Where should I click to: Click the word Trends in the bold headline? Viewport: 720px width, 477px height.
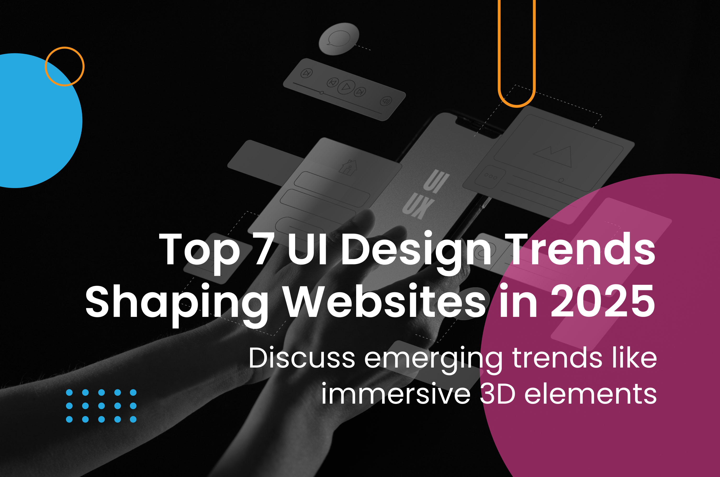pyautogui.click(x=582, y=249)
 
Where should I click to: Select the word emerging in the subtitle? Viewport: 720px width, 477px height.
pyautogui.click(x=433, y=360)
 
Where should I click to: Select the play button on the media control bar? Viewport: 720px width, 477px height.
pyautogui.click(x=346, y=87)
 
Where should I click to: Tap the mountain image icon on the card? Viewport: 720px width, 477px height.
pyautogui.click(x=552, y=156)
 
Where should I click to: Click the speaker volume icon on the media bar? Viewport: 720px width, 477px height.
pyautogui.click(x=386, y=101)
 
